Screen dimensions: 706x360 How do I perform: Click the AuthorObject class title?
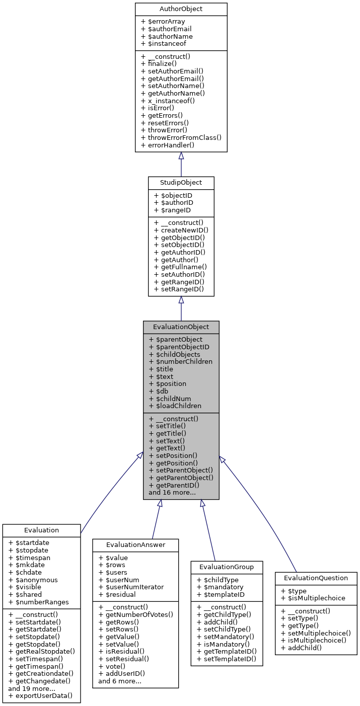[181, 10]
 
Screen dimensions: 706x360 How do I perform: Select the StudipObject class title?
[181, 182]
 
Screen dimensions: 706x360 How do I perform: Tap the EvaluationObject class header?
[181, 327]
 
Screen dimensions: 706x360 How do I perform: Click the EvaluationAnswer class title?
[135, 544]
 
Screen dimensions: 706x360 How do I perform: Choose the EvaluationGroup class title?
[227, 567]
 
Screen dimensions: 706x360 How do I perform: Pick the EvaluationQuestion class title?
[316, 578]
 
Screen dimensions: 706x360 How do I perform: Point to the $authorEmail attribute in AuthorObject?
[166, 29]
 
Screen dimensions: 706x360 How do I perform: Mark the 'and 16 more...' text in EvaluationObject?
[172, 493]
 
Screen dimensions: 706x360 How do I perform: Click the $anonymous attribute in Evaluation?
[33, 580]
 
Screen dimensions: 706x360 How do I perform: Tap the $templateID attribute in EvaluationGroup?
[220, 594]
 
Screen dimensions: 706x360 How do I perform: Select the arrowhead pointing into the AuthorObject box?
[181, 155]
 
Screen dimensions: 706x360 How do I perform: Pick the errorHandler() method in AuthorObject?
[168, 145]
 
